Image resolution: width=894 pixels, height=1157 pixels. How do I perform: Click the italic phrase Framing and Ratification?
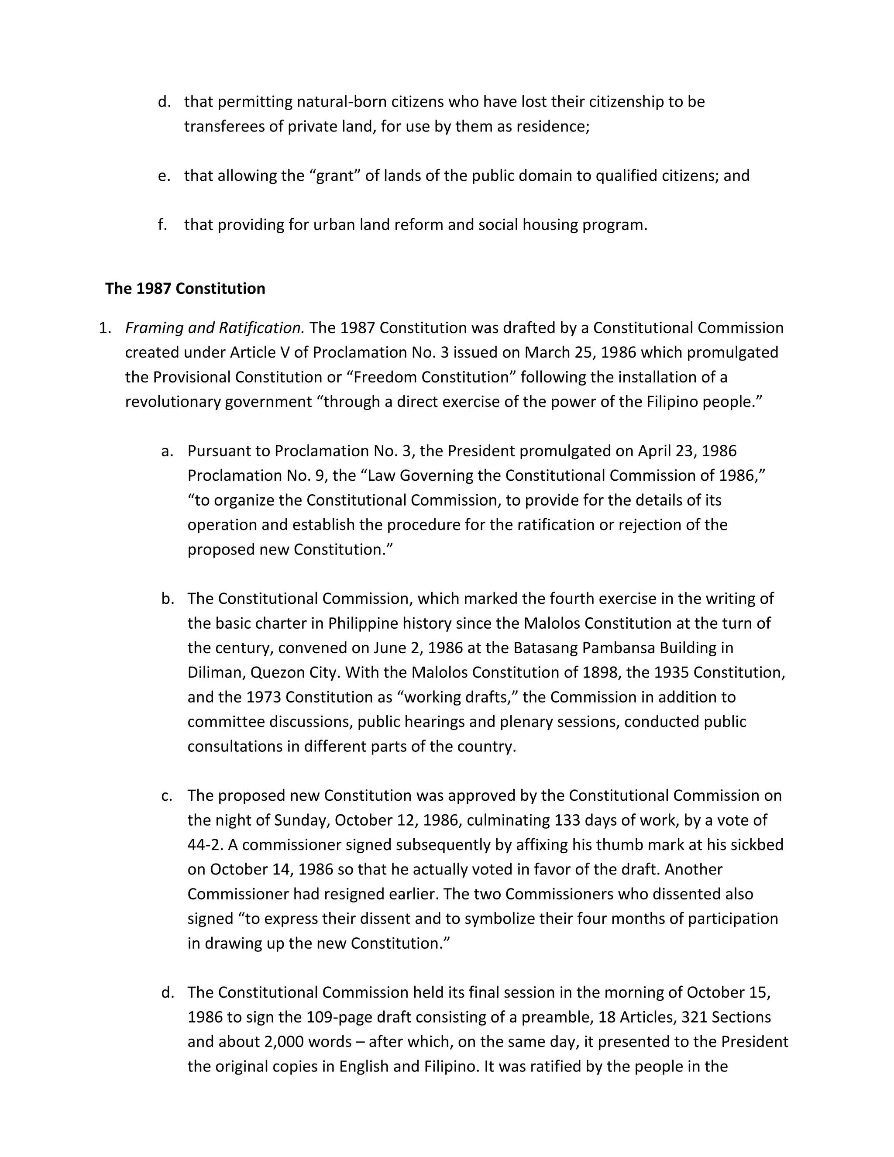[x=214, y=328]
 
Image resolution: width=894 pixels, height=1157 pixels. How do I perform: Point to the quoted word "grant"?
[x=335, y=176]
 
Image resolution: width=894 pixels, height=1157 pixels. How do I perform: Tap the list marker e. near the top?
[x=164, y=176]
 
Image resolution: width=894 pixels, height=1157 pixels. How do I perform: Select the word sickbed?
[x=757, y=844]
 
